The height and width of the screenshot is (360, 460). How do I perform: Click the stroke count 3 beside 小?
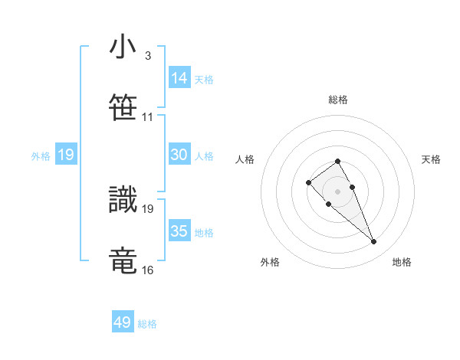147,56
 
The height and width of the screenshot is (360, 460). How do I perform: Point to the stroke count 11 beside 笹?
147,117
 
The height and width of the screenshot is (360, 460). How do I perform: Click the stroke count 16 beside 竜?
147,270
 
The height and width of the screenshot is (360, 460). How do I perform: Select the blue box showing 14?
179,78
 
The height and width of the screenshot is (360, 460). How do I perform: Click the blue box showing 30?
179,155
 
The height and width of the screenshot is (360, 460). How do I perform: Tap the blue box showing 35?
179,231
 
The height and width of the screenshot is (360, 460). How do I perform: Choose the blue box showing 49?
122,322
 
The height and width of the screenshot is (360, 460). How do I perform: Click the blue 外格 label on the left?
41,155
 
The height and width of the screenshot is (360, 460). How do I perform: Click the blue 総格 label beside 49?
147,324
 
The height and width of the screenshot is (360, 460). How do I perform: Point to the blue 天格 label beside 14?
204,80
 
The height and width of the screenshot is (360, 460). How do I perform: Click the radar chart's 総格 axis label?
338,100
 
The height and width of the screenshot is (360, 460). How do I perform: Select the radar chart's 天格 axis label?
432,159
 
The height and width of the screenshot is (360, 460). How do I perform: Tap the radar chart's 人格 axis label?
245,159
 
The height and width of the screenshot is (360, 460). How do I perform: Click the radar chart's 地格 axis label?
402,262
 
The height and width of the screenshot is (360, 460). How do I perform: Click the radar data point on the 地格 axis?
373,242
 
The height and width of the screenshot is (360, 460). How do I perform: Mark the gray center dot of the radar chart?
337,191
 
